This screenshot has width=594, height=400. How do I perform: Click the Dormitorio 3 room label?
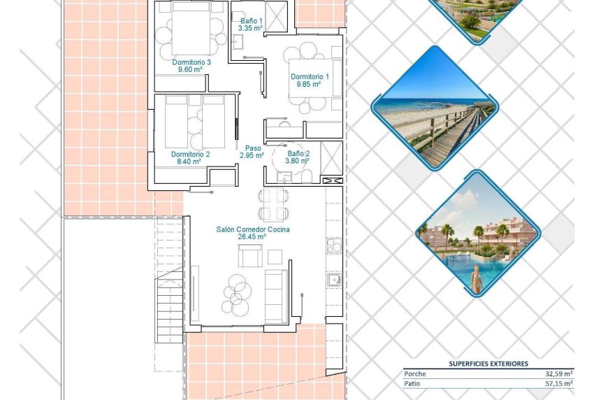tap(191, 62)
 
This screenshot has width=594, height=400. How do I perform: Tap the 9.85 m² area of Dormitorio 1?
tap(307, 84)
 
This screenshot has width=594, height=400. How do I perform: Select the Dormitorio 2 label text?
tap(190, 154)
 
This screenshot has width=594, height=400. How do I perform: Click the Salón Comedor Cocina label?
tap(252, 229)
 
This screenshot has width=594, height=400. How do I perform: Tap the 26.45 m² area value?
tap(252, 237)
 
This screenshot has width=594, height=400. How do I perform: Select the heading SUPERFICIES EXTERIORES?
tap(488, 364)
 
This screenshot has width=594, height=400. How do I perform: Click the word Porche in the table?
tap(414, 374)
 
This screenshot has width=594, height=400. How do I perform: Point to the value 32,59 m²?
tap(559, 374)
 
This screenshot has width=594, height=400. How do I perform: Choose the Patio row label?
tap(413, 383)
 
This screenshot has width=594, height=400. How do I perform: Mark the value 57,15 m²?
tap(559, 383)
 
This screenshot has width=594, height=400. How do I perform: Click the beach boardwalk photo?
tap(434, 108)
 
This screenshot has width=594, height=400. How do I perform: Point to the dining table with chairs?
tap(273, 203)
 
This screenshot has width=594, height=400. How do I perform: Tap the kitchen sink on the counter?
tap(334, 280)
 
